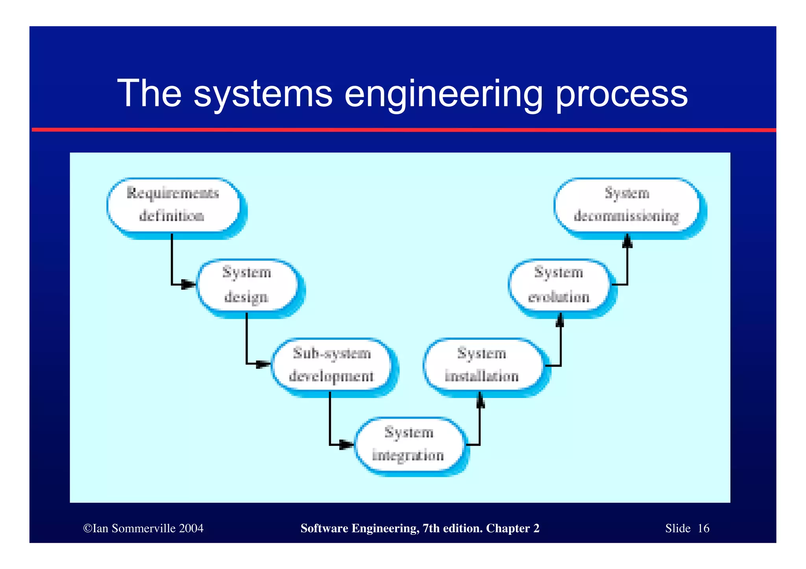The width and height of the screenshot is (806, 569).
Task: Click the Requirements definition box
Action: [173, 205]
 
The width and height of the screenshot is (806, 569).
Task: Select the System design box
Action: [247, 285]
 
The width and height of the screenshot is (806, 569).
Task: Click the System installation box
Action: [482, 365]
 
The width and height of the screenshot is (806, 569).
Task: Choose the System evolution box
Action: [559, 285]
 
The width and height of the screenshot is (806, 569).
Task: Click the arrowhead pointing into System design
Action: [189, 284]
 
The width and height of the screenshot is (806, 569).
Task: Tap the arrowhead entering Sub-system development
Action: [264, 364]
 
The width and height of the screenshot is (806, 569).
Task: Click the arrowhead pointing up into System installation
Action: [480, 401]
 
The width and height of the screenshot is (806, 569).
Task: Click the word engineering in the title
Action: [444, 94]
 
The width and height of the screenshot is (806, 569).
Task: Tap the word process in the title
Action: [622, 94]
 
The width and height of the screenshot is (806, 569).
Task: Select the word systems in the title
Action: [263, 94]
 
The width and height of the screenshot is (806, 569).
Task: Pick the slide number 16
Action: [703, 528]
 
